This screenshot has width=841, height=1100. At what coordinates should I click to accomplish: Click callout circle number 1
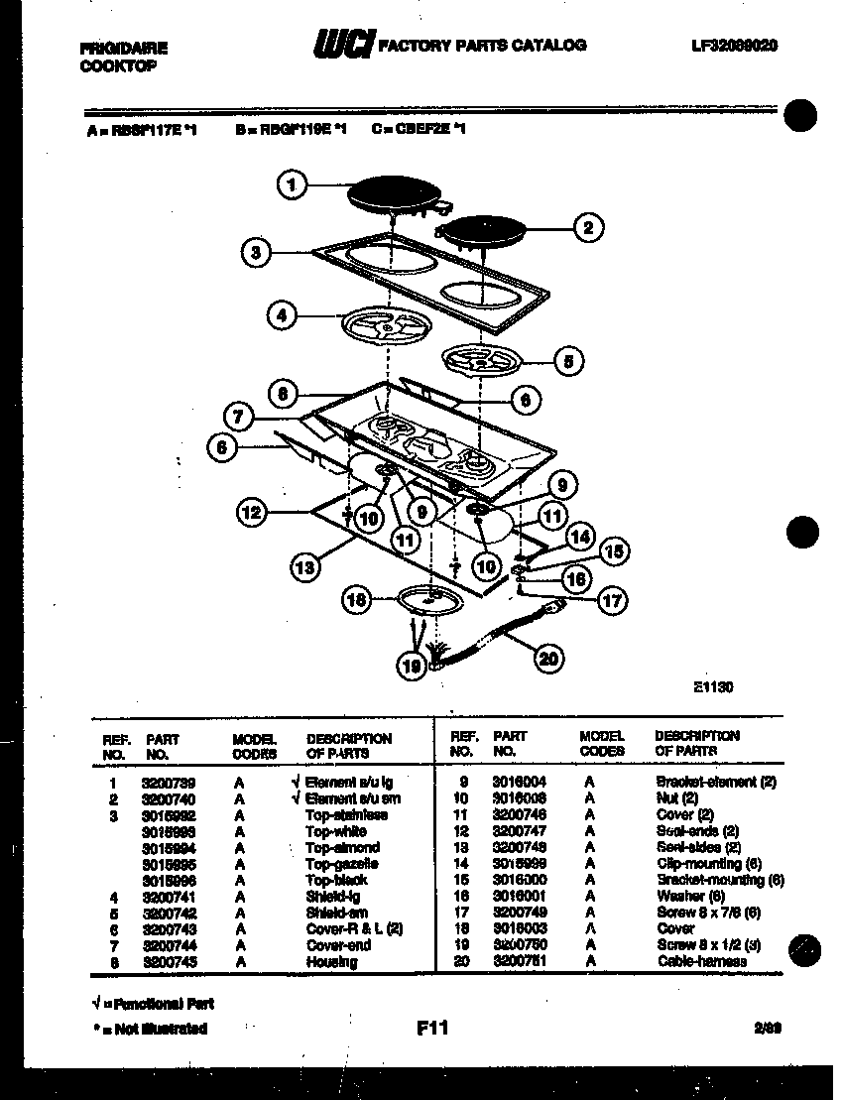[291, 184]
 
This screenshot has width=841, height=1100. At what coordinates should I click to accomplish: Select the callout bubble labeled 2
[587, 228]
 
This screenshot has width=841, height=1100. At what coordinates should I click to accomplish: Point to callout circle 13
[304, 567]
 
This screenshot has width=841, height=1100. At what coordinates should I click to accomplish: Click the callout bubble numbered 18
[356, 598]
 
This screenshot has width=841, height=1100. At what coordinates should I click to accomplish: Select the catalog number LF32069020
[734, 46]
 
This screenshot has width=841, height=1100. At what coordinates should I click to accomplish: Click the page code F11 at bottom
[431, 1029]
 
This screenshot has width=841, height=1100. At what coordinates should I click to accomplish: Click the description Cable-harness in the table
[702, 961]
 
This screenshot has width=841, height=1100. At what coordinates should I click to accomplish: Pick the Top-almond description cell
[342, 848]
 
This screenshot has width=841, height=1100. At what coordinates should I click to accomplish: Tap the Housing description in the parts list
[331, 962]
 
